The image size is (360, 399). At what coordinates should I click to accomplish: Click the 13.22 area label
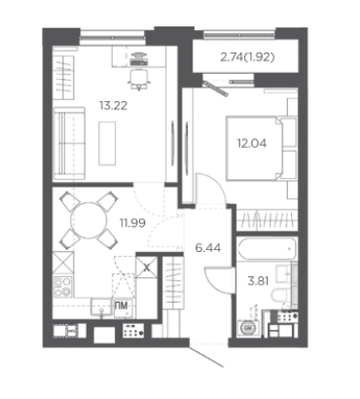point(114,106)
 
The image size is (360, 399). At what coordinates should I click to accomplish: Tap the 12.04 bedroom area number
point(252,143)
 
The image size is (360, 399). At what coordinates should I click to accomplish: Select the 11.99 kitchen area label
point(132,223)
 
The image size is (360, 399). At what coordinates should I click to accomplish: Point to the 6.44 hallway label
point(208,248)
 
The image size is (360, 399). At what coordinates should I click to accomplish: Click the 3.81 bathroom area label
point(258,281)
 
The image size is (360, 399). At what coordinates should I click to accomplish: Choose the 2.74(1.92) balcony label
point(247,57)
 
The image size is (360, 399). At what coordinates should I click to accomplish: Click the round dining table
point(89,220)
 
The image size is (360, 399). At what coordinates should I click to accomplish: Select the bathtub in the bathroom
point(267,249)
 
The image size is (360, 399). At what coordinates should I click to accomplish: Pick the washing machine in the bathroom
point(248,328)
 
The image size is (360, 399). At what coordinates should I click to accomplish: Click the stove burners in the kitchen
point(62,287)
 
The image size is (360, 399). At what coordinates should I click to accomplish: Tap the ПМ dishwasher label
point(121,305)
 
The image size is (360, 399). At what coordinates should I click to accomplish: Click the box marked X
point(147,268)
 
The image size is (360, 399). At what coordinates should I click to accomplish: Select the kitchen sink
point(102,308)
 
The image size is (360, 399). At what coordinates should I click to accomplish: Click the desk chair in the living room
point(139,79)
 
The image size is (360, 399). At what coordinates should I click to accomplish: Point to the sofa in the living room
point(69,143)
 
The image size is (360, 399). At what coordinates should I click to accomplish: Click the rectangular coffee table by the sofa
point(107,143)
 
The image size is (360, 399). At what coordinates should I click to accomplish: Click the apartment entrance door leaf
point(207,357)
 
